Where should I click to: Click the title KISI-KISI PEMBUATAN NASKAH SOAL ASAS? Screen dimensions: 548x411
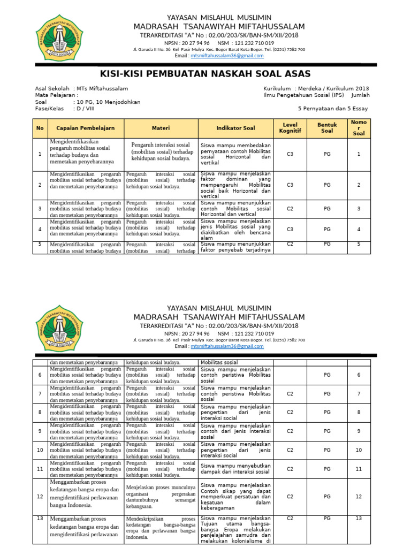click(205, 74)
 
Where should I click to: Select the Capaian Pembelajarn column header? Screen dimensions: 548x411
click(86, 128)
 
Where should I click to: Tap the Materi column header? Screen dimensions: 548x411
click(161, 128)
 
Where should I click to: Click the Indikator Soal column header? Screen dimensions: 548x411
click(235, 128)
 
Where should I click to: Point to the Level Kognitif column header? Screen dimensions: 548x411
click(290, 128)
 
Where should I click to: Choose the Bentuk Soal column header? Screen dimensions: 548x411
click(327, 128)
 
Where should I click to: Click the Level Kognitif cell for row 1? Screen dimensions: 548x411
click(290, 154)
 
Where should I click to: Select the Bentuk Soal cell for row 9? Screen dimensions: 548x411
click(327, 431)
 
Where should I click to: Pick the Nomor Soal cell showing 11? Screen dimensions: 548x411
click(359, 469)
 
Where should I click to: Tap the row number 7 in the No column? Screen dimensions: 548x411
click(40, 393)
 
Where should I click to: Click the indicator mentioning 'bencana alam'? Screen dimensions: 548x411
click(235, 230)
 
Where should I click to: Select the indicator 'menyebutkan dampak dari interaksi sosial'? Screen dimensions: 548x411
click(235, 469)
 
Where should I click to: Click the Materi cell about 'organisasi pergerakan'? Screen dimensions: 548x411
click(161, 496)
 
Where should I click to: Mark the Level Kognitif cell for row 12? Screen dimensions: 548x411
click(290, 497)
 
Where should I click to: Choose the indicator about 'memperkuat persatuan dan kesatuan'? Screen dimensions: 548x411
click(235, 497)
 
